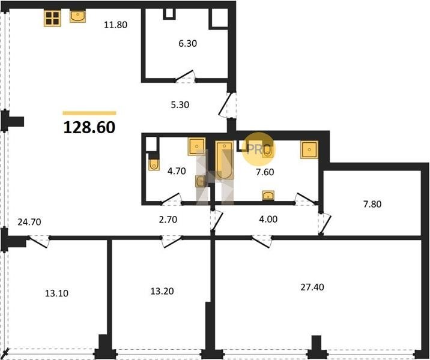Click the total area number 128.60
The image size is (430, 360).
click(x=89, y=127)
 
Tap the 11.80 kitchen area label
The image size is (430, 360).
click(x=115, y=25)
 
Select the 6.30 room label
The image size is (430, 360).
click(x=187, y=43)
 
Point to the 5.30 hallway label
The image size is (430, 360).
click(x=180, y=104)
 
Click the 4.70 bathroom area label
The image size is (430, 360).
click(x=177, y=171)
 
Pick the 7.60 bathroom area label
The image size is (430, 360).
click(x=265, y=172)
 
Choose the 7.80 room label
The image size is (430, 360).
click(x=372, y=204)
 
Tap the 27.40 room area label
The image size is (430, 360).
click(x=312, y=287)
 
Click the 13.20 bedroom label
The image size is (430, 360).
click(x=162, y=291)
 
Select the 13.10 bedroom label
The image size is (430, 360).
click(x=56, y=293)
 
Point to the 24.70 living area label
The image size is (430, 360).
click(x=29, y=222)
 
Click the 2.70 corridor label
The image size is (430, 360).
click(x=168, y=220)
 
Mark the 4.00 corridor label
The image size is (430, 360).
click(x=268, y=219)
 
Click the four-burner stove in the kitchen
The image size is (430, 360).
click(x=52, y=19)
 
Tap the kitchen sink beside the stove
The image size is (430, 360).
click(x=77, y=16)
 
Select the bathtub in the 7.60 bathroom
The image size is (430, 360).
click(x=225, y=160)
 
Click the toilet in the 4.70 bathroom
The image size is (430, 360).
click(x=154, y=164)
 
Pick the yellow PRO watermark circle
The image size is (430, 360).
click(x=258, y=149)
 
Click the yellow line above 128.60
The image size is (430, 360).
click(x=89, y=113)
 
